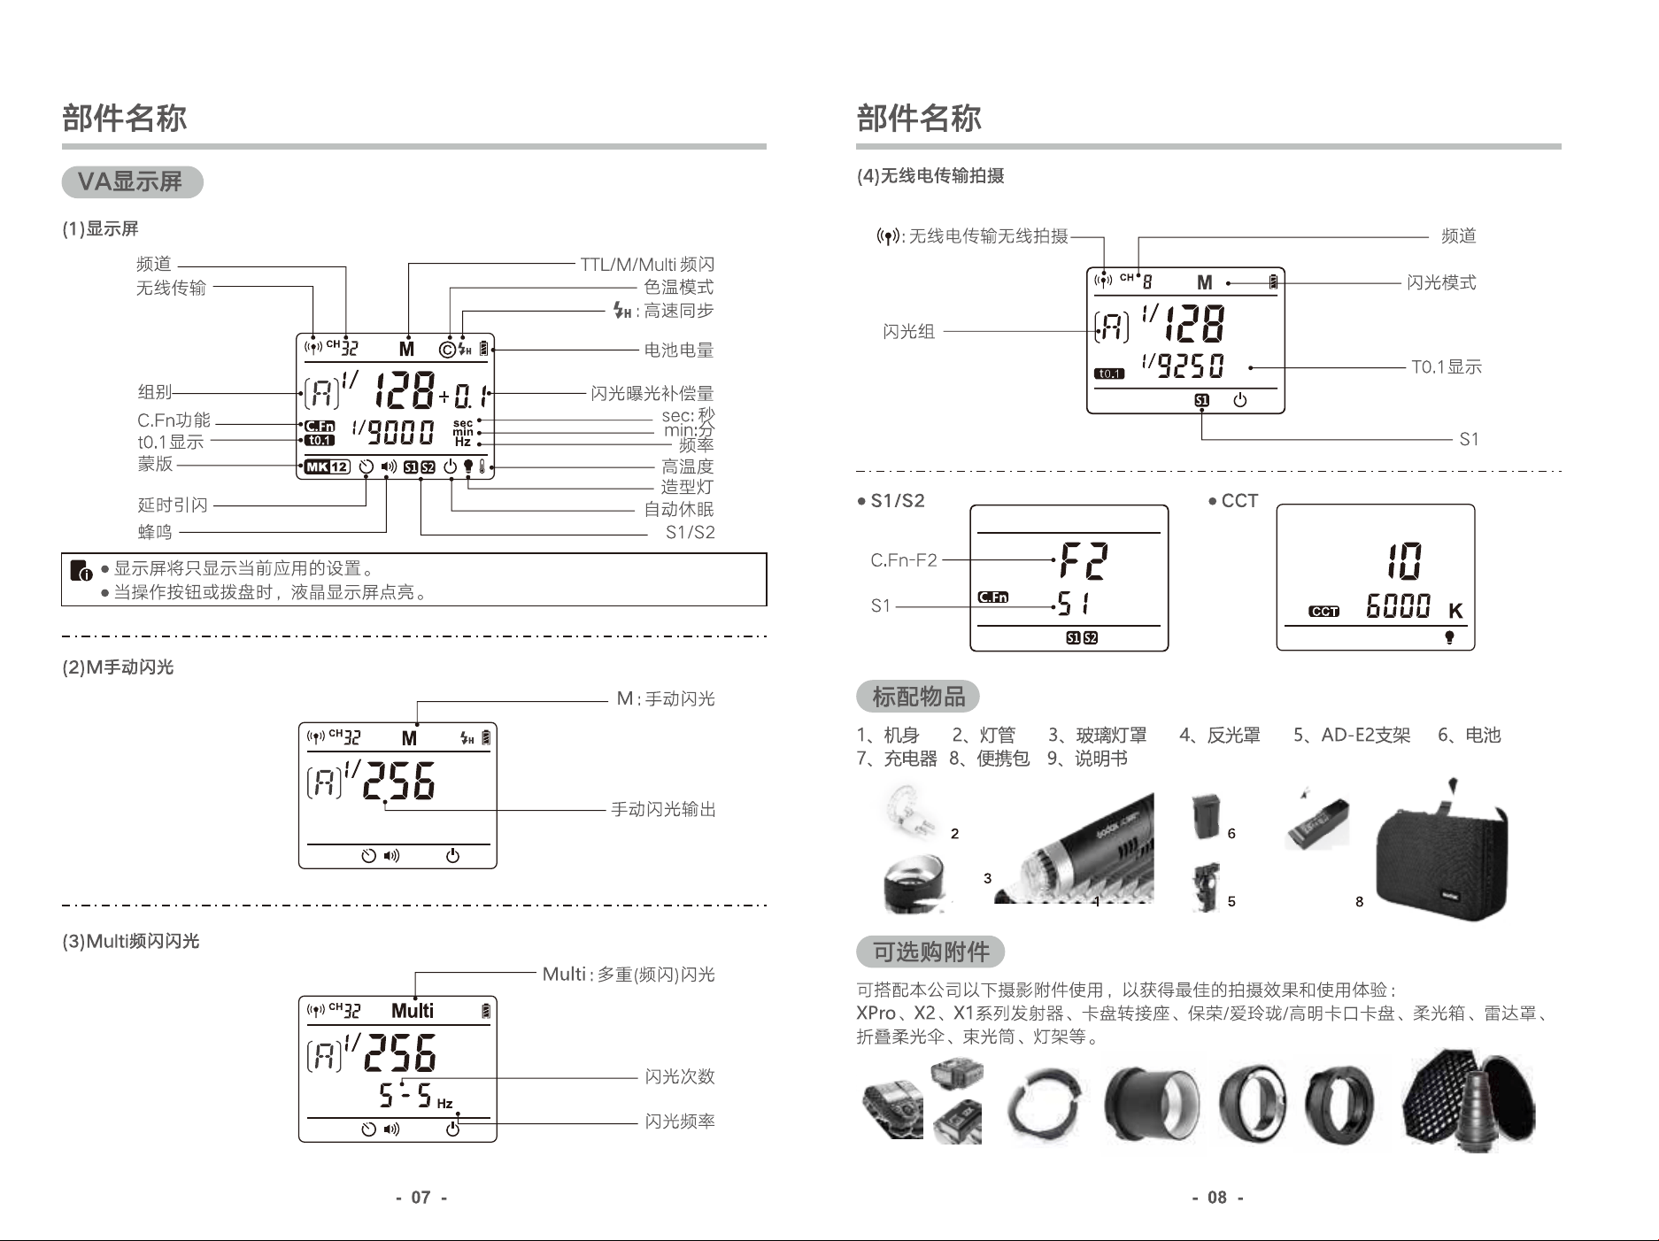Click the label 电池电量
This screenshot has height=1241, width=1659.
(x=679, y=351)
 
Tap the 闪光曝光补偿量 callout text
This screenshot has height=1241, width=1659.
(x=652, y=393)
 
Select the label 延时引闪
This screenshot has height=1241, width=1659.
(x=173, y=505)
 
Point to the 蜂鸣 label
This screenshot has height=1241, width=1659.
(x=155, y=532)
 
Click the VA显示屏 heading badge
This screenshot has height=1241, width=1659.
(x=132, y=182)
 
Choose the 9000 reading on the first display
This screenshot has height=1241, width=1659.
(x=401, y=432)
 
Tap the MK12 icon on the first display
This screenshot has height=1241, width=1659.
(x=327, y=467)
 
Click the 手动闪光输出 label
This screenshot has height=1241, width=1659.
(x=663, y=809)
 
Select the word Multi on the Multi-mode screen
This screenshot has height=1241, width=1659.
(x=413, y=1011)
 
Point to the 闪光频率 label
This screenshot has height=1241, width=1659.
(x=680, y=1122)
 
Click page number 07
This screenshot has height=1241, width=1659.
(x=421, y=1198)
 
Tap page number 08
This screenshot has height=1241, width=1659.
(x=1217, y=1198)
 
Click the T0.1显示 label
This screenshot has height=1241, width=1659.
(x=1447, y=367)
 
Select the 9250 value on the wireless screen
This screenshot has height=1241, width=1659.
(x=1191, y=366)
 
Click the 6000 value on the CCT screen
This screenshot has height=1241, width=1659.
(x=1399, y=606)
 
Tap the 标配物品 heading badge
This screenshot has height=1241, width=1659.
(x=918, y=697)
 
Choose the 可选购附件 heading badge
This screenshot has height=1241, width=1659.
(x=930, y=952)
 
